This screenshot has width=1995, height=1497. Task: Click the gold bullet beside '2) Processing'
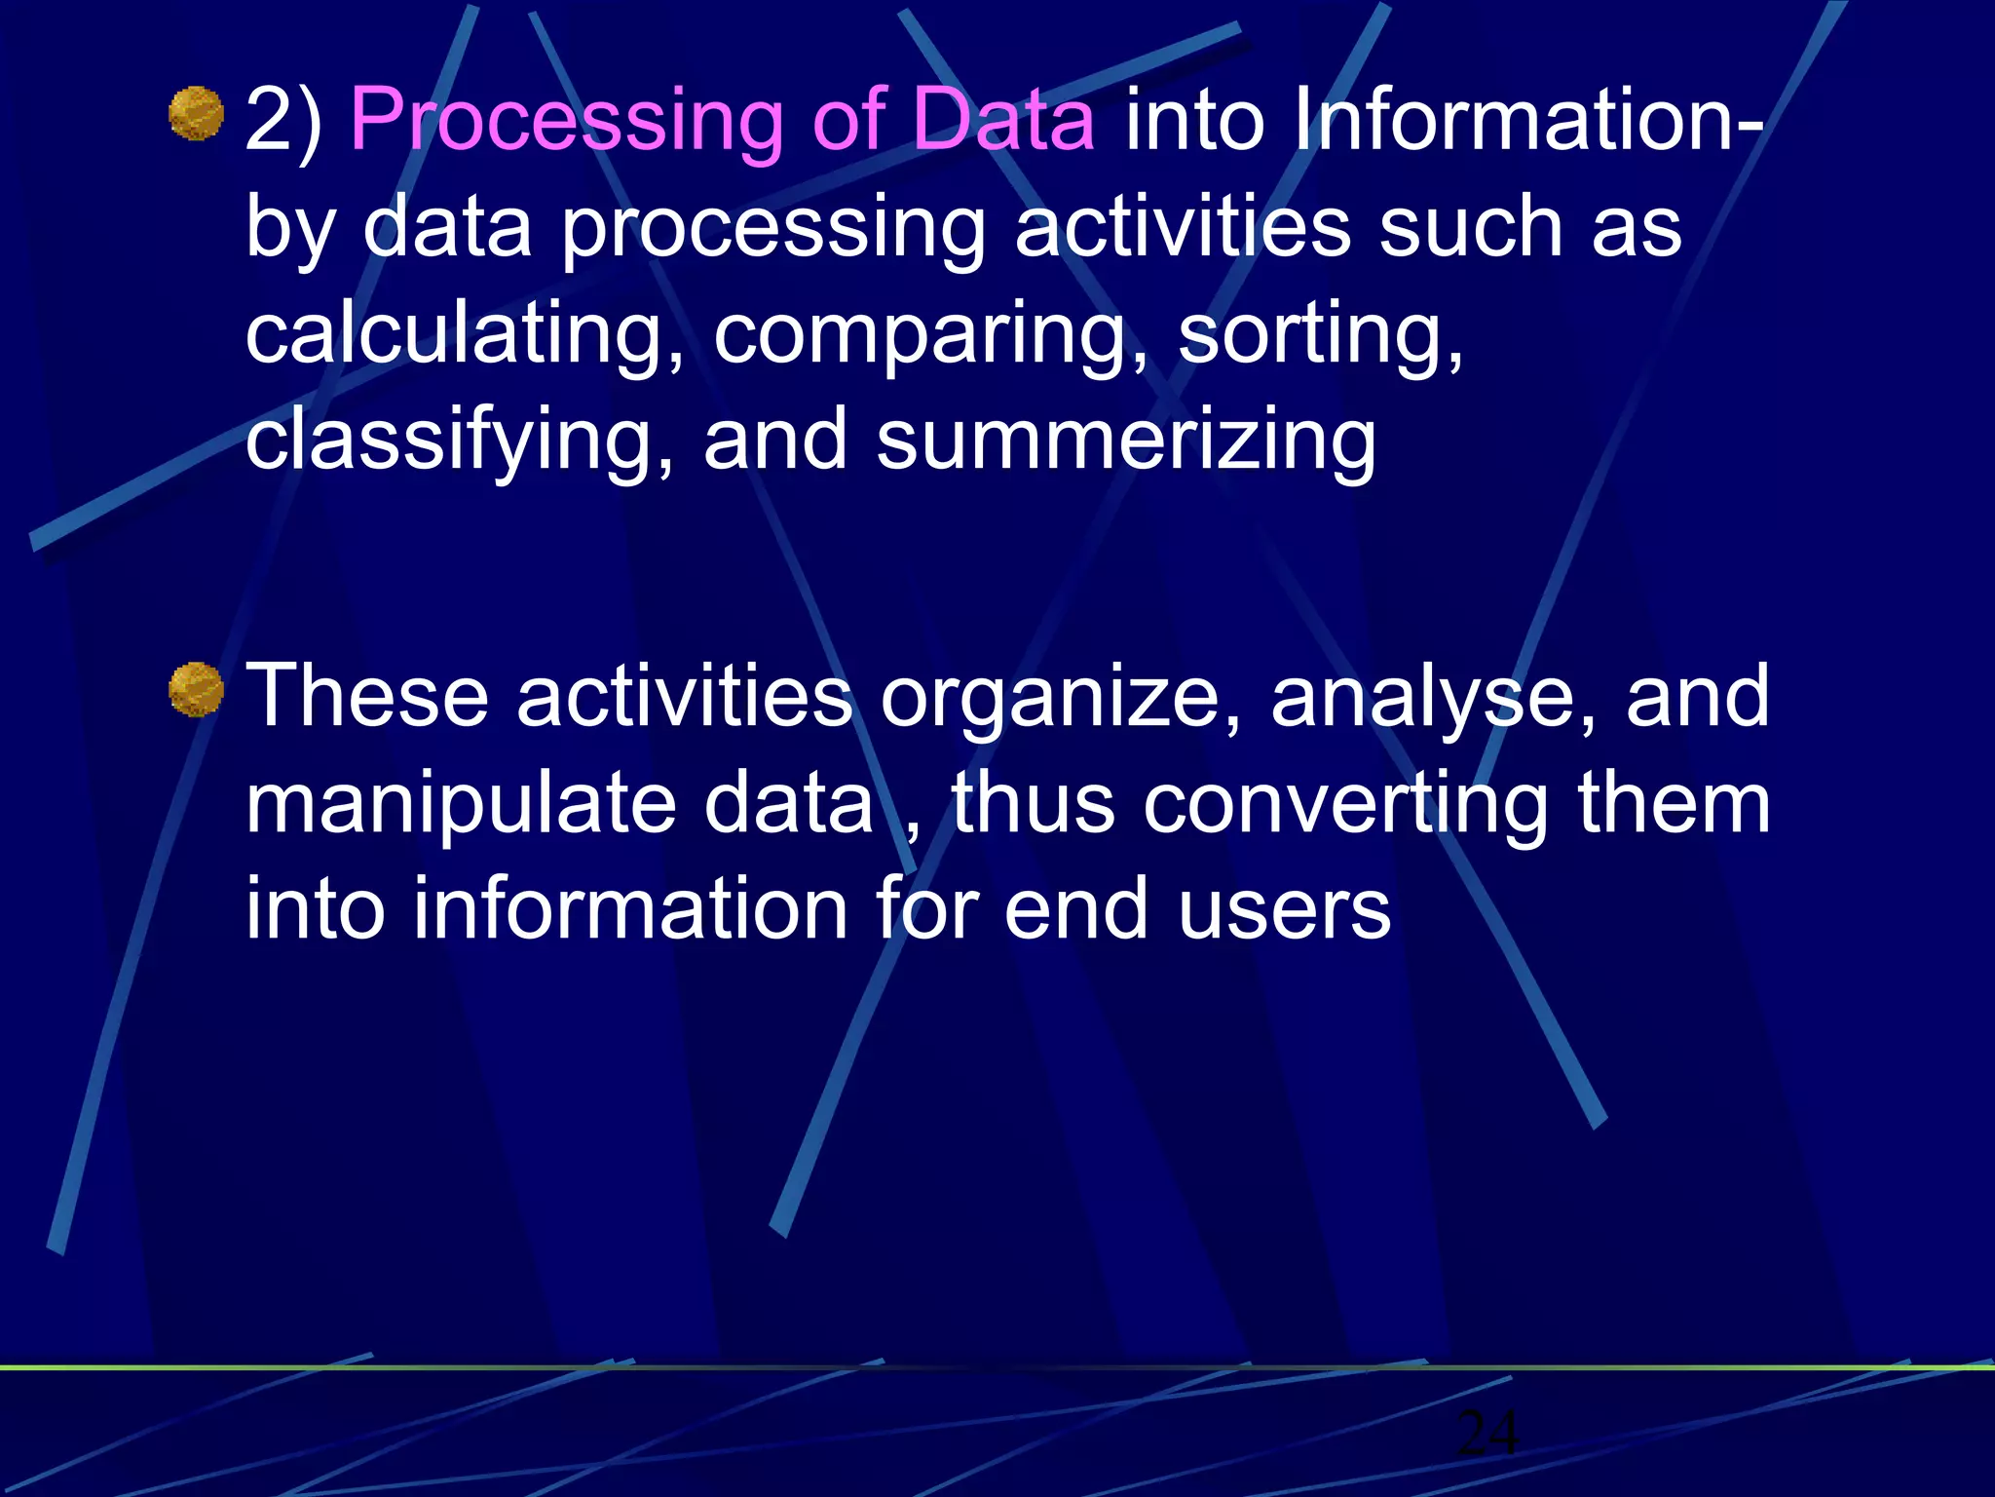pyautogui.click(x=197, y=114)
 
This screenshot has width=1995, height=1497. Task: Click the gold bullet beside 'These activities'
pyautogui.click(x=197, y=690)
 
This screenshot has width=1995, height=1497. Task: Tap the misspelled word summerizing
pyautogui.click(x=1126, y=441)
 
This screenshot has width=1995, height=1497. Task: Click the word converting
pyautogui.click(x=1345, y=803)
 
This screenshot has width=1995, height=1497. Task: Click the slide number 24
pyautogui.click(x=1487, y=1433)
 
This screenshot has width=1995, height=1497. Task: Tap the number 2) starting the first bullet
pyautogui.click(x=283, y=121)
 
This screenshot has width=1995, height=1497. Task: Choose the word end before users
pyautogui.click(x=1076, y=909)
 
